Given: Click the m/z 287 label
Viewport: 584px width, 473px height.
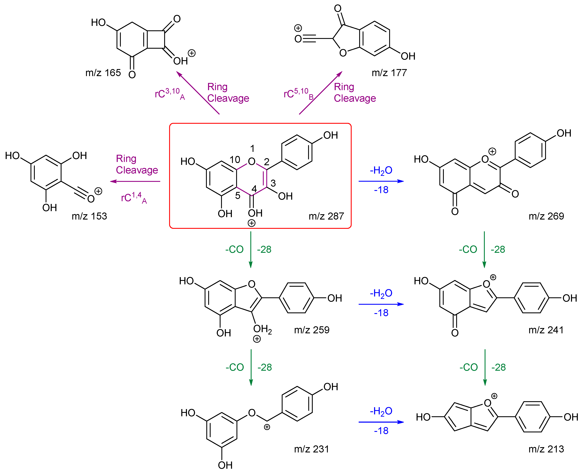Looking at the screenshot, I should click(x=326, y=216).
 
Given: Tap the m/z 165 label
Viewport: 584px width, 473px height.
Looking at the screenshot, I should click(x=103, y=73).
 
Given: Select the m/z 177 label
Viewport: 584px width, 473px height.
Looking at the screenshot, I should click(x=389, y=73).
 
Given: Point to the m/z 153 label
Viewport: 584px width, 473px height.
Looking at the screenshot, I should click(x=89, y=216).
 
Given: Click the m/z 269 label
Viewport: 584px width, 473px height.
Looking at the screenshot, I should click(x=546, y=216).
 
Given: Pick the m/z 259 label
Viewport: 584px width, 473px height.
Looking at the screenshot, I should click(x=312, y=330).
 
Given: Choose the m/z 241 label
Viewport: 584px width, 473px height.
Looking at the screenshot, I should click(x=546, y=330).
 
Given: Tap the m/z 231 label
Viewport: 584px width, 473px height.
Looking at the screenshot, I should click(x=311, y=449).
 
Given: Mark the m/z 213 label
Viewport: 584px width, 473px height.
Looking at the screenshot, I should click(x=546, y=449).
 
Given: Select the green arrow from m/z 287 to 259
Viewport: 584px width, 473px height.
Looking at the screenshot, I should click(x=251, y=249).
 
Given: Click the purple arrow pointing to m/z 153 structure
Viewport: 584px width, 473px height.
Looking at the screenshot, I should click(x=135, y=181).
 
